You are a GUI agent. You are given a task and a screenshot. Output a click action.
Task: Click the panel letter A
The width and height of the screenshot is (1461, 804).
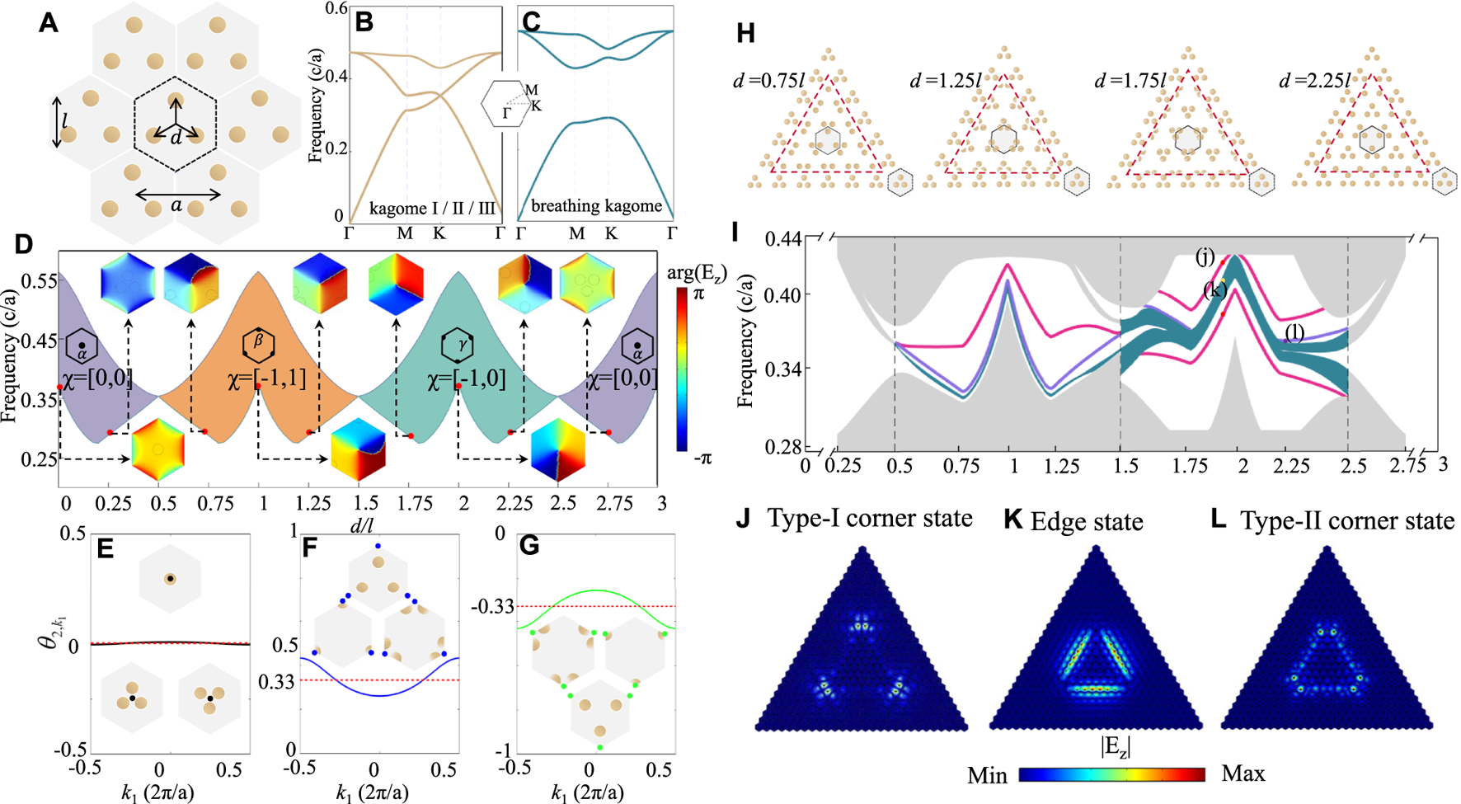[49, 22]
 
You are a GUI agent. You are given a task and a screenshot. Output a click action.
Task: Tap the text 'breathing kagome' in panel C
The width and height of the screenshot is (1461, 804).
[596, 206]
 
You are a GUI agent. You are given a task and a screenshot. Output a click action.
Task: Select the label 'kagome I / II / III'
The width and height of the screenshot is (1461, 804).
[432, 209]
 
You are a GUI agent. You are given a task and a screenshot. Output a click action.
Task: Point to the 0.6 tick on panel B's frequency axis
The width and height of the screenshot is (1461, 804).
[335, 8]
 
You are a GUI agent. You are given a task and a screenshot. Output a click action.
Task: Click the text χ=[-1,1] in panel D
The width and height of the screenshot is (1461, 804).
[266, 379]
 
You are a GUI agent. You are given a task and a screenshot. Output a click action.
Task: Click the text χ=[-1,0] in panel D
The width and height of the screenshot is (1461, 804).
[466, 379]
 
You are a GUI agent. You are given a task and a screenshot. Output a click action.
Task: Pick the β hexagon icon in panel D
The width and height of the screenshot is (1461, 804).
[258, 345]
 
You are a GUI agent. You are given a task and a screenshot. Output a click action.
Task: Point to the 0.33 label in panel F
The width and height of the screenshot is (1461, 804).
[279, 681]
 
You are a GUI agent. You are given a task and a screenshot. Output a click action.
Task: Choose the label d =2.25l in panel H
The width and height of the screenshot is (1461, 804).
[1317, 80]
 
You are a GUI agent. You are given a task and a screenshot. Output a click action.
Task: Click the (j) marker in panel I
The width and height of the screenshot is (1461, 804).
[1205, 258]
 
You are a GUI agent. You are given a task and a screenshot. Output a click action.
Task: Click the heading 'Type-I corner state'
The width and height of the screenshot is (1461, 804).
[869, 519]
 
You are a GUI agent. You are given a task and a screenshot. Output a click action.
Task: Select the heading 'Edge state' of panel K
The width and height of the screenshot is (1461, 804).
[1086, 521]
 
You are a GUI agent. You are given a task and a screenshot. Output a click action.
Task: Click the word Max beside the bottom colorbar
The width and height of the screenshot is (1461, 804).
[1243, 773]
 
